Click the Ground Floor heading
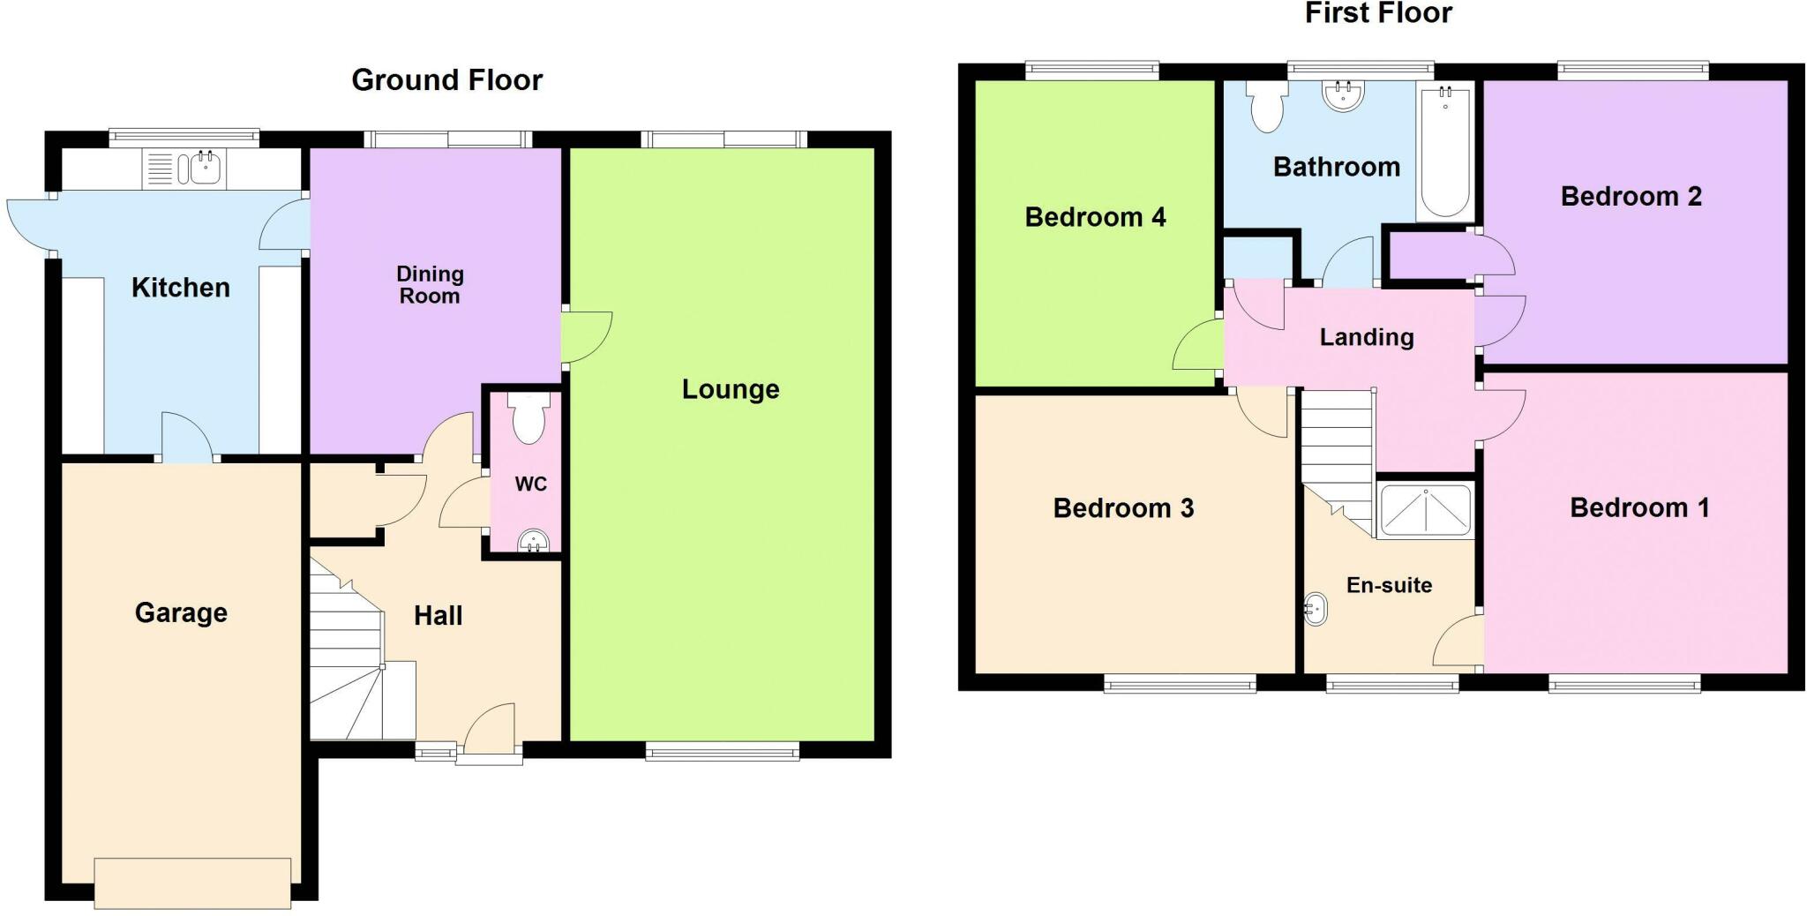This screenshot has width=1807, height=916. tap(446, 80)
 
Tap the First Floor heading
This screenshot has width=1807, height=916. tap(1378, 13)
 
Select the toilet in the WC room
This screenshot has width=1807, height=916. tap(529, 419)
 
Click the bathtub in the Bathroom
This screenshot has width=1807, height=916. tap(1444, 151)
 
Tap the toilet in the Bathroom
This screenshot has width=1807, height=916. tap(1267, 107)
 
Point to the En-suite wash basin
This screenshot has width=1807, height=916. tap(1315, 608)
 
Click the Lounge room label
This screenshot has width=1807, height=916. tap(731, 389)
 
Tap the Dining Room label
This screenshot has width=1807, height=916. tap(430, 285)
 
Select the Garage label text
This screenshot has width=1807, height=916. tap(181, 612)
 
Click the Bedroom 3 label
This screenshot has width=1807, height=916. tap(1123, 508)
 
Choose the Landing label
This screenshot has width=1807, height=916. tap(1366, 337)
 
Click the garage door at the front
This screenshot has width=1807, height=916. tap(192, 882)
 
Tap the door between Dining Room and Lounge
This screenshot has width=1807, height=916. tap(585, 336)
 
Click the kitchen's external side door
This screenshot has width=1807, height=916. tap(28, 222)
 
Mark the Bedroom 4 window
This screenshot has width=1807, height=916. tap(1091, 71)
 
